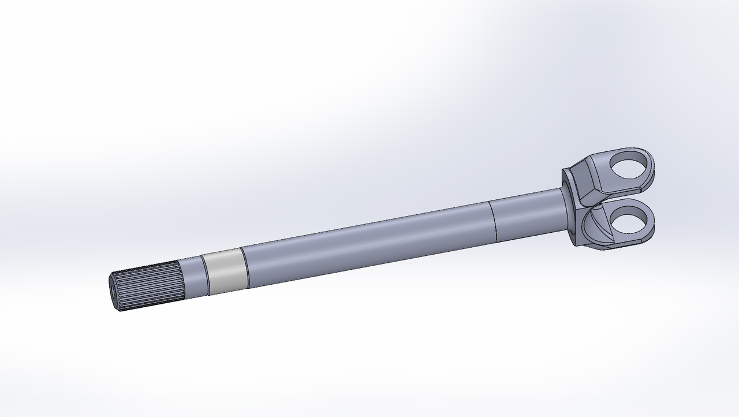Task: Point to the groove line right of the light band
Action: (x=244, y=268)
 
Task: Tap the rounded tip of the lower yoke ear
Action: (x=653, y=222)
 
